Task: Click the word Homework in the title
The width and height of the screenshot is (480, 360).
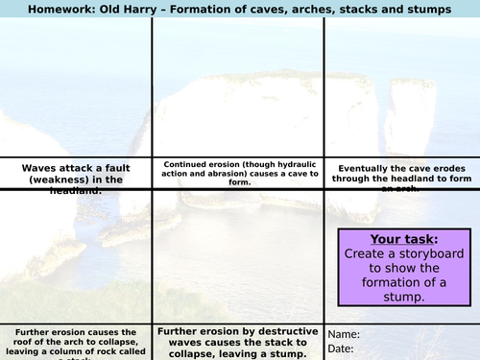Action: pos(45,10)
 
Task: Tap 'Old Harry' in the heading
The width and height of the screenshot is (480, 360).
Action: pos(120,10)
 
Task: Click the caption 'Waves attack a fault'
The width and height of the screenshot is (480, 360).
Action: pos(76,167)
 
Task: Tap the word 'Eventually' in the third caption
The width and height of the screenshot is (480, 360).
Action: pos(364,167)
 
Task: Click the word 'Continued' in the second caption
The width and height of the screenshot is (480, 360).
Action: pos(185,163)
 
